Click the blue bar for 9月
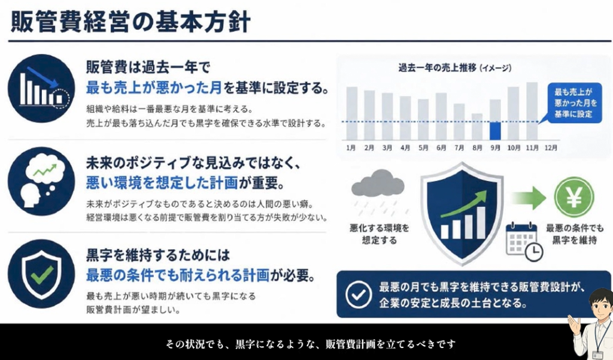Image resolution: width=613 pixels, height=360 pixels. click(495, 131)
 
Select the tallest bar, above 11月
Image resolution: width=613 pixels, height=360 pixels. click(532, 111)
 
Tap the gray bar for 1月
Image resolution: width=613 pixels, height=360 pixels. click(352, 113)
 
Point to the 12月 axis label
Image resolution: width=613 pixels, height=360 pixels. click(551, 148)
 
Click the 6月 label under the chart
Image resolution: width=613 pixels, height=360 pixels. click(441, 148)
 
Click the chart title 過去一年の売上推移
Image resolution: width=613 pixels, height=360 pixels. click(437, 68)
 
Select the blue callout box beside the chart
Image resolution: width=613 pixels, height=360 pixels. click(574, 103)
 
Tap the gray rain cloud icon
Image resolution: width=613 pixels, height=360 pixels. click(378, 183)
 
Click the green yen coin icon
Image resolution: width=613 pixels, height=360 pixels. click(574, 197)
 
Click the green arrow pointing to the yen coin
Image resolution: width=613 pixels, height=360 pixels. click(529, 198)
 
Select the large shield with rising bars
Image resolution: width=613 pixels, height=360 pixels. click(462, 213)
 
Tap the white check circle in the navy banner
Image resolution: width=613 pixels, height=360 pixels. click(359, 294)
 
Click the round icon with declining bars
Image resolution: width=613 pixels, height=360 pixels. click(41, 89)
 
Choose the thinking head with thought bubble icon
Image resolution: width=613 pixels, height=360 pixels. click(41, 181)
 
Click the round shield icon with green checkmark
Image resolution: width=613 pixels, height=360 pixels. click(41, 274)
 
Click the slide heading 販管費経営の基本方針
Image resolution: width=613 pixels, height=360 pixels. click(130, 21)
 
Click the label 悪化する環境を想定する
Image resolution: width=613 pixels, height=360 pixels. click(379, 234)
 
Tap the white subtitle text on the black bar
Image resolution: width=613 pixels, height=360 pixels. click(311, 344)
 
